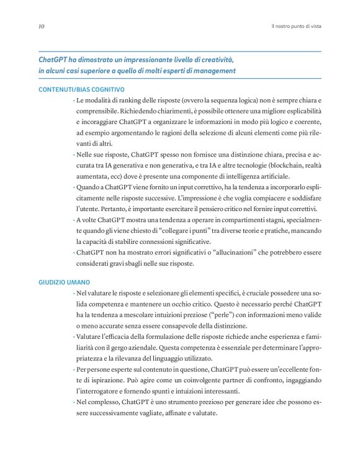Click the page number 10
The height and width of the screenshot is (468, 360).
click(x=40, y=27)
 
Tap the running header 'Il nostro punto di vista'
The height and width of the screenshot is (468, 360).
click(x=296, y=27)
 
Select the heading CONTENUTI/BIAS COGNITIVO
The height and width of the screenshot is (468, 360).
click(x=81, y=89)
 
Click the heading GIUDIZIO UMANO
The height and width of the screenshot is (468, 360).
click(x=66, y=282)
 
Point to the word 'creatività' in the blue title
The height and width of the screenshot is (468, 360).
click(x=215, y=60)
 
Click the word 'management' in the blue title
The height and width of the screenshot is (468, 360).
click(x=212, y=71)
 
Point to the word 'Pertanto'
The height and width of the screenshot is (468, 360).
click(x=107, y=208)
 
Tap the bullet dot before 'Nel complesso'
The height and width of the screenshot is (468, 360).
click(x=73, y=403)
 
